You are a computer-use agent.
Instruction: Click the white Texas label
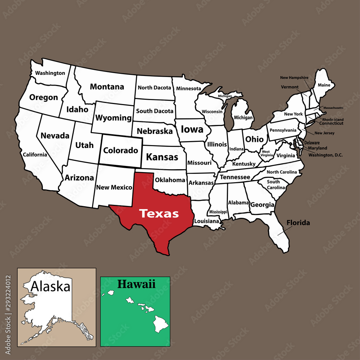159,213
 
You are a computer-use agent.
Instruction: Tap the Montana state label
107,87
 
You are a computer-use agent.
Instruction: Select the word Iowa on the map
192,129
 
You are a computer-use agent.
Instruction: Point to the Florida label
298,223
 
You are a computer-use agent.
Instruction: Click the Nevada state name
55,136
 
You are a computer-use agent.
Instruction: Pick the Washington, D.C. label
325,155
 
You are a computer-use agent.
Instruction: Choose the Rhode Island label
333,120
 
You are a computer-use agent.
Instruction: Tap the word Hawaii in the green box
136,284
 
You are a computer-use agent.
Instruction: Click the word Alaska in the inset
50,287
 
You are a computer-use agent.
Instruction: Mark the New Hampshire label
294,77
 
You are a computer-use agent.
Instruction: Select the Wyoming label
113,118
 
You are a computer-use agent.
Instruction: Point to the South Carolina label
276,185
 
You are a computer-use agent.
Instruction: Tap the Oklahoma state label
170,180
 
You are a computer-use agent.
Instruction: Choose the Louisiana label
206,221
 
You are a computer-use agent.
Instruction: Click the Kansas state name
162,157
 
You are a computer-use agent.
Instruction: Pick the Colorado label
121,150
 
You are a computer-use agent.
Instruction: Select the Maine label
324,85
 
